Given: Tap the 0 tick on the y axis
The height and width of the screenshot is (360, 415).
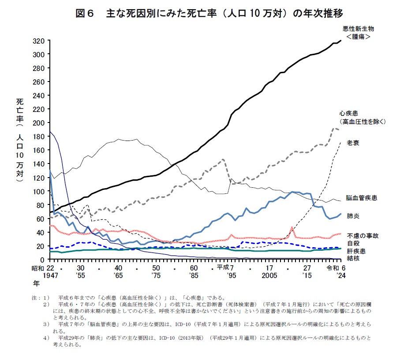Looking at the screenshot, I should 43,260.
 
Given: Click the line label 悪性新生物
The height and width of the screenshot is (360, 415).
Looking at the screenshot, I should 358,29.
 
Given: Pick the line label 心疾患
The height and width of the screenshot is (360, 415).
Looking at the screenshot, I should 348,113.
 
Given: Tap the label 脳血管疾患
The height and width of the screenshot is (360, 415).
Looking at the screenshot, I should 361,198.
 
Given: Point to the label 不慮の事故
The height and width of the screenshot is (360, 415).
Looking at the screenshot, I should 363,235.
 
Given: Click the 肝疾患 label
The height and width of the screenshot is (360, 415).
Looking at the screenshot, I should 356,250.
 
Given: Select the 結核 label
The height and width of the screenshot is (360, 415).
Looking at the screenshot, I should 353,258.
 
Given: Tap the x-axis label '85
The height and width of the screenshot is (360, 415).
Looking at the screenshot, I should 194,275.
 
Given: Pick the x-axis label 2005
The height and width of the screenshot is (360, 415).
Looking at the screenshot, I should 269,275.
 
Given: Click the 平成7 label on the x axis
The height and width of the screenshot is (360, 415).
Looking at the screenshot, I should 225,267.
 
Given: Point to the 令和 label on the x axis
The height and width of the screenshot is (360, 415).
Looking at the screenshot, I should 332,267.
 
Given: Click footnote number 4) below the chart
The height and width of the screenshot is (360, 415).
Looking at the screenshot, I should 45,338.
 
